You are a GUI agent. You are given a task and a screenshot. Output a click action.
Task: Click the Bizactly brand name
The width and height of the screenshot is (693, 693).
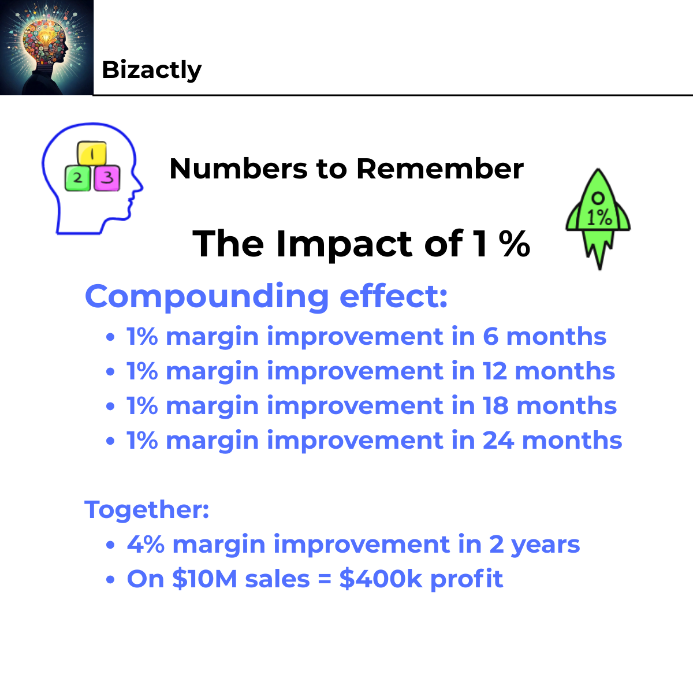(151, 70)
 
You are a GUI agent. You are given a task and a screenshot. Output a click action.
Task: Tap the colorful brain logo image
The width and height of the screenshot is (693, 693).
(46, 47)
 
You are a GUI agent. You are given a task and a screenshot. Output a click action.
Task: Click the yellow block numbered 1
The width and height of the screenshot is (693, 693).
(92, 154)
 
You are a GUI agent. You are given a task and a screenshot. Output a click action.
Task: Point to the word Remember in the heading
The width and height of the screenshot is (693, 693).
(439, 169)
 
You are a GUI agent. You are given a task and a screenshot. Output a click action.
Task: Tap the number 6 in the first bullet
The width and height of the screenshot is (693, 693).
(490, 337)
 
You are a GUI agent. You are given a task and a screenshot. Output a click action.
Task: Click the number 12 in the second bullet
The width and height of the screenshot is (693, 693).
(494, 371)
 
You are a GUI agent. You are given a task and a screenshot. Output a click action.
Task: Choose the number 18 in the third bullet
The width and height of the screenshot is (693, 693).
(495, 406)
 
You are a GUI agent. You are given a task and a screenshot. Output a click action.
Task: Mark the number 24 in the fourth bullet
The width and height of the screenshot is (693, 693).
(498, 441)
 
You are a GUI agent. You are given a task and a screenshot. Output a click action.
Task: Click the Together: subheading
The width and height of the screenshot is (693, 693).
(147, 510)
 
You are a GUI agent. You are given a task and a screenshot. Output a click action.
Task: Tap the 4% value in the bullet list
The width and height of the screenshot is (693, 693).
(146, 545)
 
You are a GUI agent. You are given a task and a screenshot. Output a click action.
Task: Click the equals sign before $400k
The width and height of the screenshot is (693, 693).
(325, 579)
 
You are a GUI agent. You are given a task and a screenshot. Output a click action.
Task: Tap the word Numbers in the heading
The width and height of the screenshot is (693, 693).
(238, 169)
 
